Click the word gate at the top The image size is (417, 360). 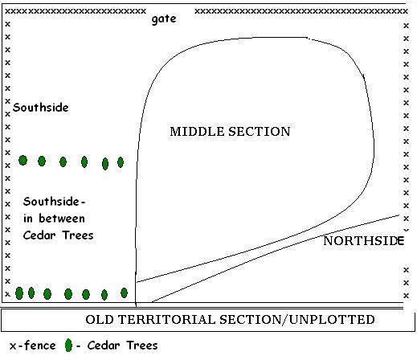point(164,19)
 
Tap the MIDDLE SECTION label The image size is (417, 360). point(230,132)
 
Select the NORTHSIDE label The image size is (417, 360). point(363,241)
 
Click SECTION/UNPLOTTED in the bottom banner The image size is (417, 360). point(297,320)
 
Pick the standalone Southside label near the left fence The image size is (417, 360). point(41,108)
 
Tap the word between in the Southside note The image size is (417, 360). point(62,219)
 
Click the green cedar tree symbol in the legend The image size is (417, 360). point(68,346)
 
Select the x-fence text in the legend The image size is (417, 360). point(33,346)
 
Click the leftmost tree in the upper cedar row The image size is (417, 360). point(22,161)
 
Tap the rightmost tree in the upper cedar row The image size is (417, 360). point(121,162)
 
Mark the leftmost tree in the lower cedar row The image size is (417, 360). point(19,293)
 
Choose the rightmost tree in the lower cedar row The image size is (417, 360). point(124,292)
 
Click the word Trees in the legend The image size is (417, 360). point(142,346)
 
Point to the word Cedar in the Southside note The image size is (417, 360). point(39,235)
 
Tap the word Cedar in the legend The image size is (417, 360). point(104,346)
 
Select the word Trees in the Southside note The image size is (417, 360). point(78,235)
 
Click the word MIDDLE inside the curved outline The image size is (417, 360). point(197,132)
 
